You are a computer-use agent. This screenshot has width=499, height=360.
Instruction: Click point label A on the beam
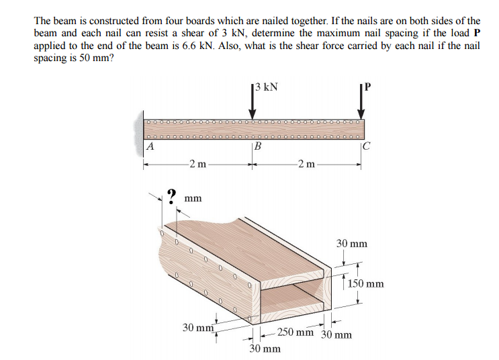[150, 145]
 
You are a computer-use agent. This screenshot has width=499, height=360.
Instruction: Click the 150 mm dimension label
[367, 283]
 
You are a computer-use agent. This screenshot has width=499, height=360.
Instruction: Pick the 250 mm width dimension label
[295, 332]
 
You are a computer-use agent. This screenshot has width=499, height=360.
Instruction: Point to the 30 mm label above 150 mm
[352, 243]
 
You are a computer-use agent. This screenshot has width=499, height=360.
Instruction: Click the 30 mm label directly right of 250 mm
[336, 334]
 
